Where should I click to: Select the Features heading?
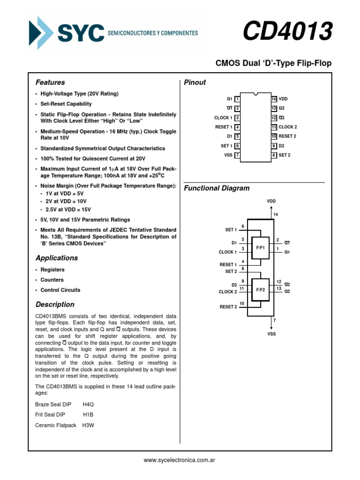tap(50, 82)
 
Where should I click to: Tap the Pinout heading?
tap(195, 82)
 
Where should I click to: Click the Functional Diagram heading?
tap(217, 188)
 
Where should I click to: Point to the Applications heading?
tap(57, 258)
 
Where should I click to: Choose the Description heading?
tap(55, 305)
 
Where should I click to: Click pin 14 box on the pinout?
tap(274, 99)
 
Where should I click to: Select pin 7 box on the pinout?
tap(238, 155)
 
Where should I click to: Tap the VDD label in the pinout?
tap(283, 99)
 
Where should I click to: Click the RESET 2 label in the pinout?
tap(287, 136)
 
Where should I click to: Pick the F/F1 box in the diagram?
tap(260, 247)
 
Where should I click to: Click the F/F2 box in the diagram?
tap(260, 290)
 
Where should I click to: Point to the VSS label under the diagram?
tap(271, 334)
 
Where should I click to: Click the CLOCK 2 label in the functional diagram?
tap(228, 292)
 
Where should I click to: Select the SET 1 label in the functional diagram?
tap(231, 230)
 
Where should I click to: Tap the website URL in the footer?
tap(180, 461)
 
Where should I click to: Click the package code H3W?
tap(88, 425)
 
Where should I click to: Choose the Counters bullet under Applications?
tap(52, 280)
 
